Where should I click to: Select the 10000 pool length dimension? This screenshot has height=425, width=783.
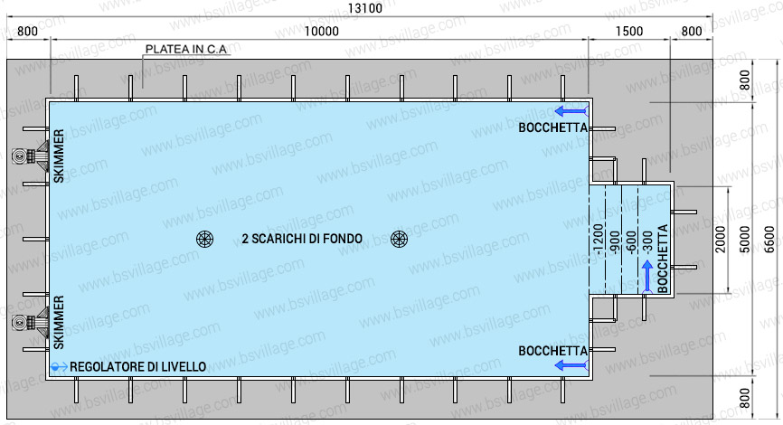321,32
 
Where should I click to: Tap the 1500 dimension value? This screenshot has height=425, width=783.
629,32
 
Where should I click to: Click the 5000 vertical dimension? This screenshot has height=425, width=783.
744,240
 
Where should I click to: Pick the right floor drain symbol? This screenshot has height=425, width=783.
399,239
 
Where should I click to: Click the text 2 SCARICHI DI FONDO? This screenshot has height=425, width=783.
302,239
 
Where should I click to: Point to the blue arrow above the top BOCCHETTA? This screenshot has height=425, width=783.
571,111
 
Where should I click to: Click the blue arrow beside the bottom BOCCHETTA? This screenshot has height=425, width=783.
571,364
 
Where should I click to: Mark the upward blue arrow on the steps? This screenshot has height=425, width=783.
647,276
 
